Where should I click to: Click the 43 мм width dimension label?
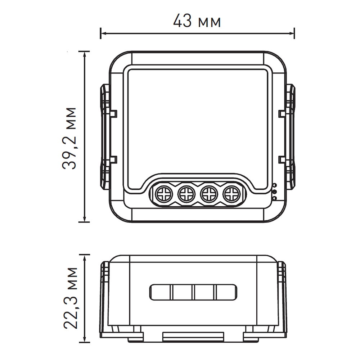click(197, 22)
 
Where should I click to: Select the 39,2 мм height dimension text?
click(69, 138)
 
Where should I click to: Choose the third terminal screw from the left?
click(208, 195)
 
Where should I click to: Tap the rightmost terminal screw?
click(230, 195)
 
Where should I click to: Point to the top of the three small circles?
click(274, 185)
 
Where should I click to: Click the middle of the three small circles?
click(274, 192)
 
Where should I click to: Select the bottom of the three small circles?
click(274, 198)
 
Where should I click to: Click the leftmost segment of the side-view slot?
click(161, 292)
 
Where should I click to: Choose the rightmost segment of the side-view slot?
click(226, 292)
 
